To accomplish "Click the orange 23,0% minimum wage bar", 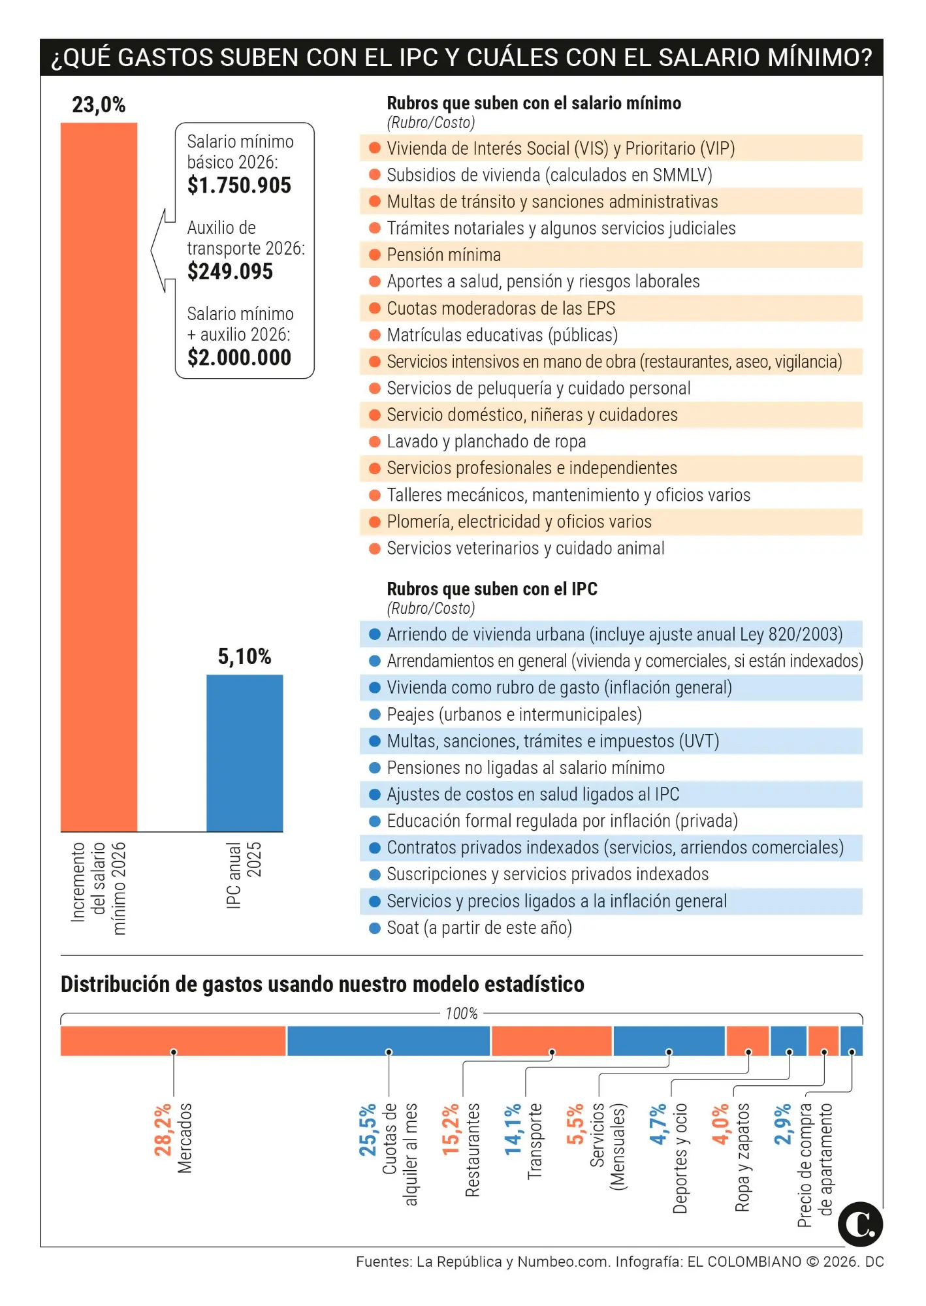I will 99,477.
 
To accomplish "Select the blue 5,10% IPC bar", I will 244,753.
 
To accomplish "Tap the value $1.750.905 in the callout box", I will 239,185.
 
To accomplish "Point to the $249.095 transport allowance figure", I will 230,272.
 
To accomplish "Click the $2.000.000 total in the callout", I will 239,358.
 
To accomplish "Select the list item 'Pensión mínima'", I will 443,255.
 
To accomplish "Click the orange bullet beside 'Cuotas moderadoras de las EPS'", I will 375,308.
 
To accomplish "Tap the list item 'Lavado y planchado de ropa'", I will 486,441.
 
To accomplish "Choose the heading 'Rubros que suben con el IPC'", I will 492,589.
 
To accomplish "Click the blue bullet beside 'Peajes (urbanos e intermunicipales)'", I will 375,714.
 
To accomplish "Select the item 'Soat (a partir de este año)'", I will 479,928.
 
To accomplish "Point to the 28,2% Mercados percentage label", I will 163,1130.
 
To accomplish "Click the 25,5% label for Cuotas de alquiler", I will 368,1130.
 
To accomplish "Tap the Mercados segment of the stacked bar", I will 173,1040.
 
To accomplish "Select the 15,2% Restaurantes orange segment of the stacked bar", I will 551,1040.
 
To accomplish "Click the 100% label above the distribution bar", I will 461,1013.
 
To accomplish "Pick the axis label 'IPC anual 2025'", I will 244,875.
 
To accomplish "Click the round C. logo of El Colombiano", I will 860,1224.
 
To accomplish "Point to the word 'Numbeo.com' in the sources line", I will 562,1262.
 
